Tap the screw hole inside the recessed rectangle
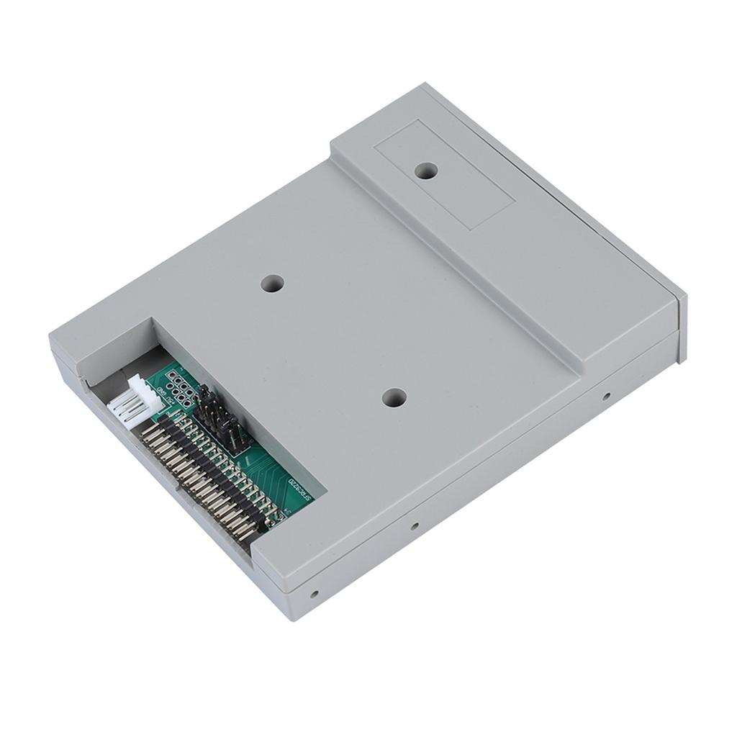427,171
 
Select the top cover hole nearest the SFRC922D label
393,397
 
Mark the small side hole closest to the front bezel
606,396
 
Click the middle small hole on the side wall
414,526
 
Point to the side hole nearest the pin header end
314,594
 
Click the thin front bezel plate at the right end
682,327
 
